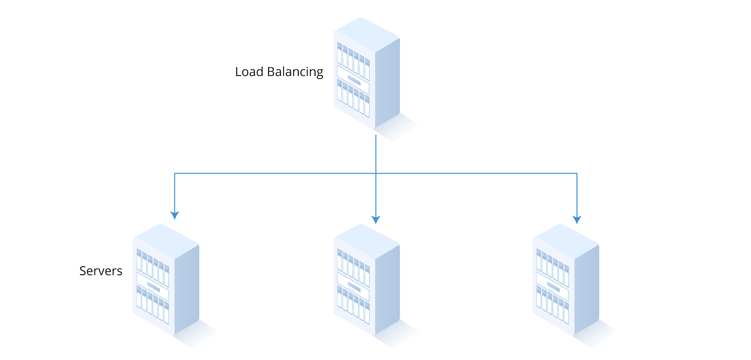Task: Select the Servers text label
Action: point(101,271)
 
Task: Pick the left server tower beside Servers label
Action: point(166,279)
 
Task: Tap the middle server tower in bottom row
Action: point(366,279)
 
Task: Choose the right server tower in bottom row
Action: point(566,279)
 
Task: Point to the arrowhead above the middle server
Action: point(376,219)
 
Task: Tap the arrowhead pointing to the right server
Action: point(577,219)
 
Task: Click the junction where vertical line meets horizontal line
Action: point(376,173)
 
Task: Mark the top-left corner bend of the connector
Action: point(174,173)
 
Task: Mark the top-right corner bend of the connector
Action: point(577,173)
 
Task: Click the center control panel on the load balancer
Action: point(353,80)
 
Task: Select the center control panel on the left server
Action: point(153,286)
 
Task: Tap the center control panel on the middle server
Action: point(353,286)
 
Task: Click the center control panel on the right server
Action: point(553,286)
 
